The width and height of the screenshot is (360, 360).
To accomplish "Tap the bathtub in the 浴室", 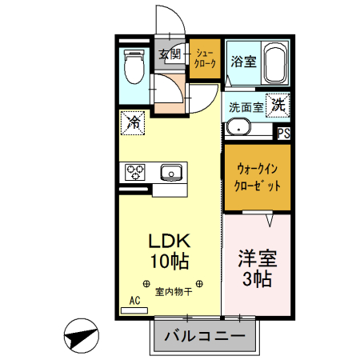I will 274,62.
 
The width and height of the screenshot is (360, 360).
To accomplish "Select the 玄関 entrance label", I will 169,54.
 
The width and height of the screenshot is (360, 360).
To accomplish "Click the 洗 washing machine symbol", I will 276,103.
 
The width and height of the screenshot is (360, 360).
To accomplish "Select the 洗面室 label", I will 246,106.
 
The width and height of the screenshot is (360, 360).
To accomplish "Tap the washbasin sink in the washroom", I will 237,126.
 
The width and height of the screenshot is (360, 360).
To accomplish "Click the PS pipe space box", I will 283,134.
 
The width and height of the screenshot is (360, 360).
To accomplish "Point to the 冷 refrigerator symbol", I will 133,123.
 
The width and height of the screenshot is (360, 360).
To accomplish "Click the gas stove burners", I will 134,172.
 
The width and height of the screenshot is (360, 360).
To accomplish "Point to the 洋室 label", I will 258,258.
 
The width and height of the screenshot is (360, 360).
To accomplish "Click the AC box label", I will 134,302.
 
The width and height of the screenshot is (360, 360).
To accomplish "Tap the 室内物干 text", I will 174,293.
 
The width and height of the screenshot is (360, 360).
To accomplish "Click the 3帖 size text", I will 258,279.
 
